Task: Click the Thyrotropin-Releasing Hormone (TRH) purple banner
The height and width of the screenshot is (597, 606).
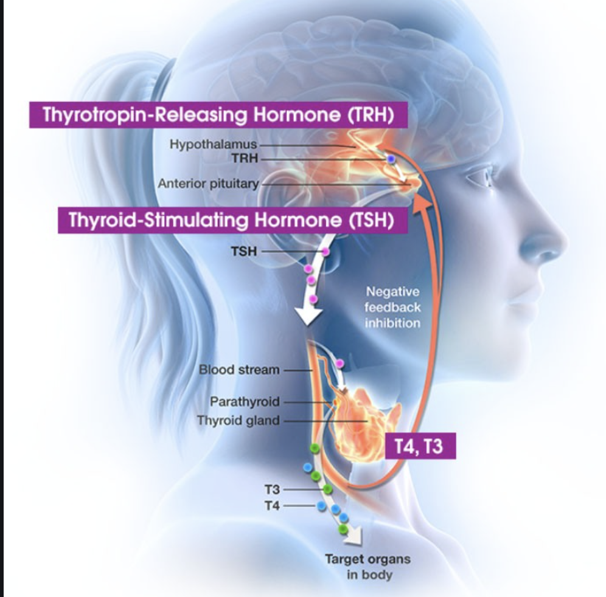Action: tap(218, 115)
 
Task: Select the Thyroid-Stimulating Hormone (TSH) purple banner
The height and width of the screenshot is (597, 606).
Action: tap(234, 219)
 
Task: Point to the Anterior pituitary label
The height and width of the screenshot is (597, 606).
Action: tap(209, 184)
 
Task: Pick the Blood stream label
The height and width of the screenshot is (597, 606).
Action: tap(239, 370)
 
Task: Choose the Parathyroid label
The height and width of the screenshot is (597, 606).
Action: tap(245, 402)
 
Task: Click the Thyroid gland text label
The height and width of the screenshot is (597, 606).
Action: tap(238, 420)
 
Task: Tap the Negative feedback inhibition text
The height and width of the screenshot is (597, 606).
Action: tap(392, 308)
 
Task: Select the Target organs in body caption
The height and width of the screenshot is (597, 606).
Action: tap(359, 567)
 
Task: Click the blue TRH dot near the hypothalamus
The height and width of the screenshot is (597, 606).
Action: tap(391, 159)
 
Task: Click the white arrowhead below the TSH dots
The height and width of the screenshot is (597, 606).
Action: tap(309, 316)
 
